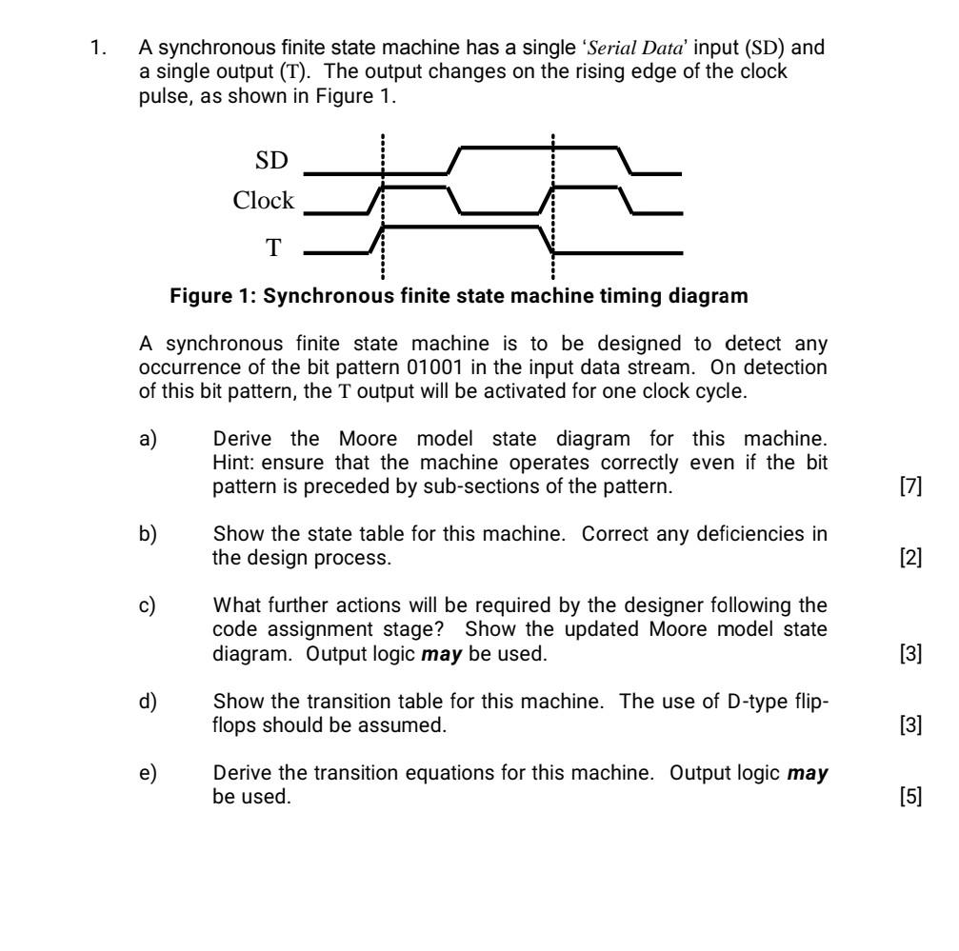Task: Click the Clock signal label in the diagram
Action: [264, 202]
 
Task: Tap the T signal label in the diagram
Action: [273, 248]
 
